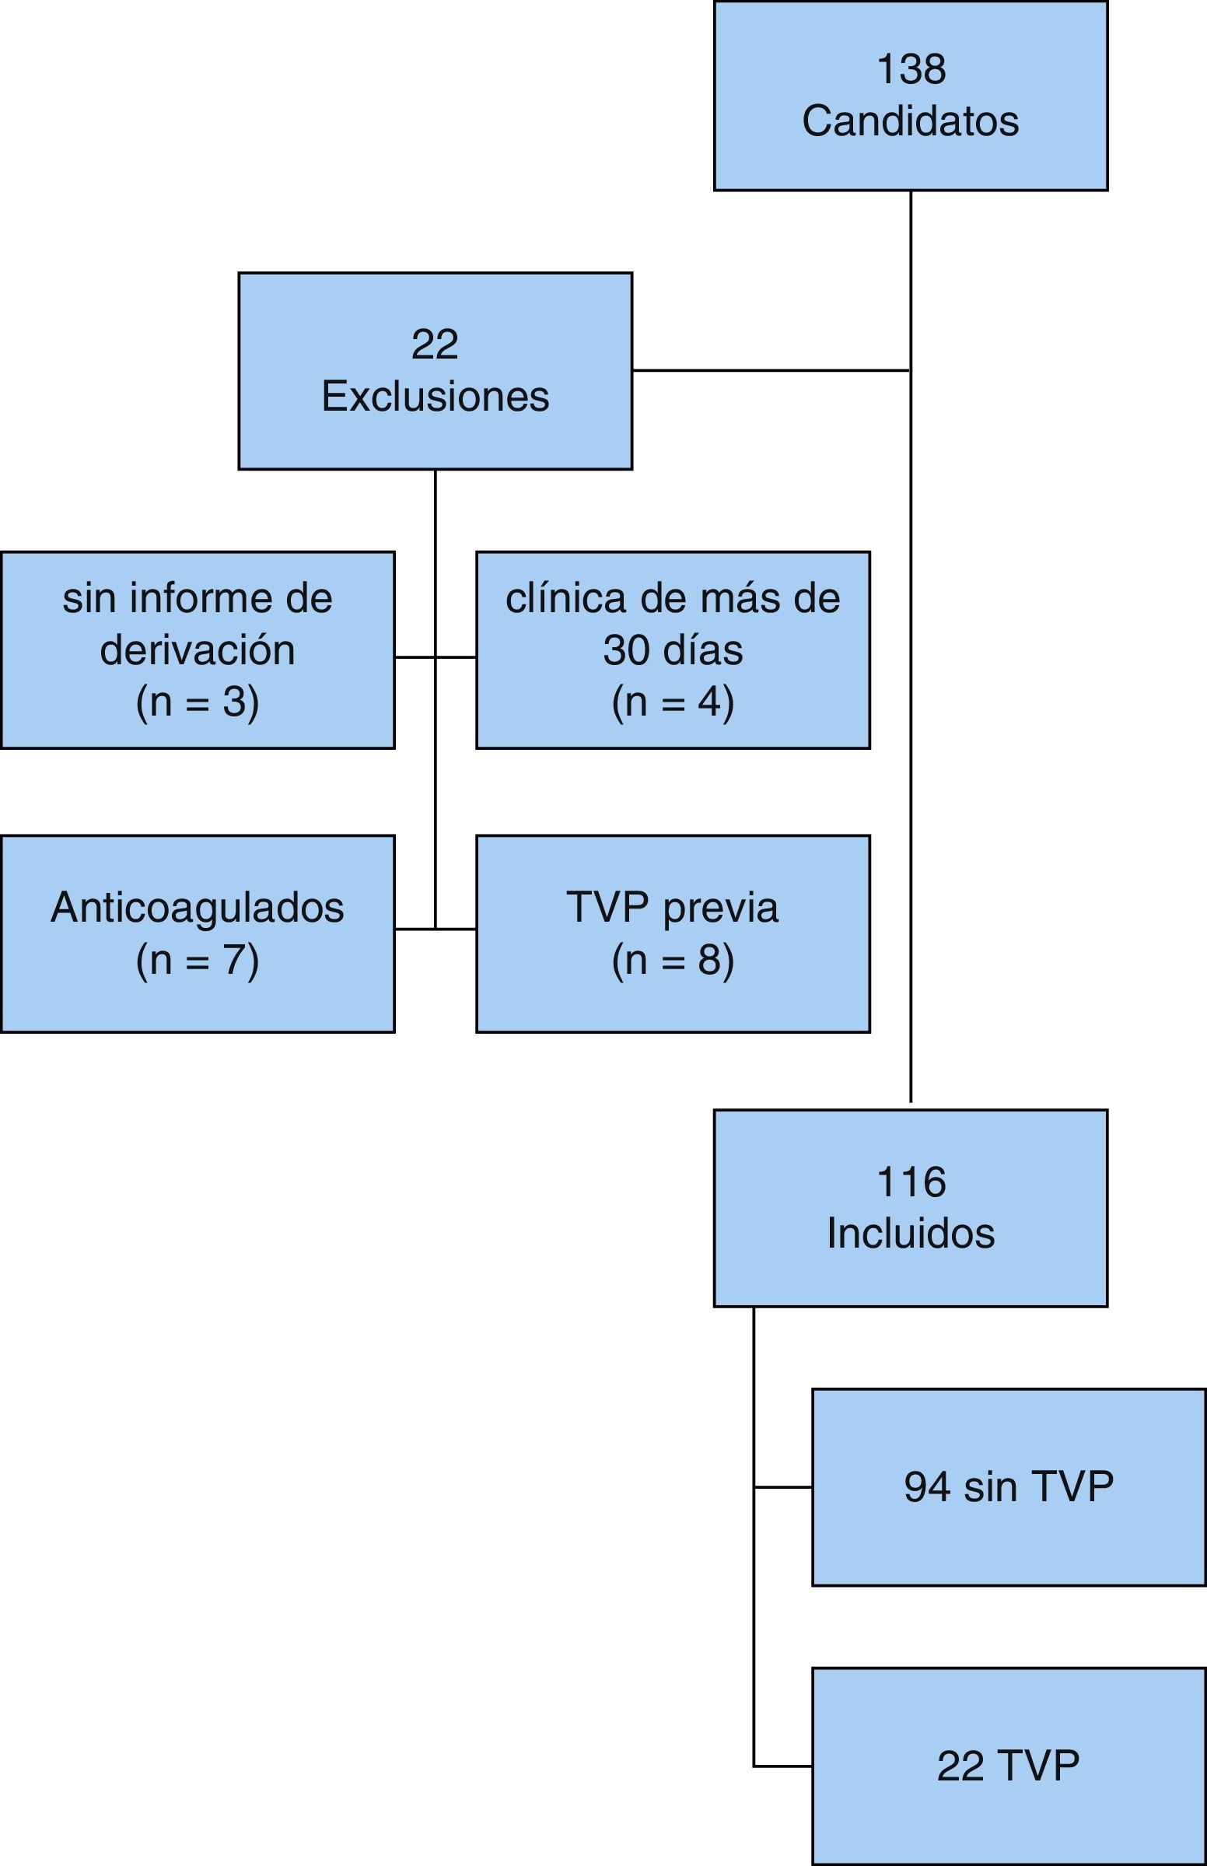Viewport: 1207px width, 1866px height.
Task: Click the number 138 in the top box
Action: tap(911, 69)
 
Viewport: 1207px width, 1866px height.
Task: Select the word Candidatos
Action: tap(911, 121)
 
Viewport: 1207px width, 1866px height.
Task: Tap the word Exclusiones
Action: tap(435, 397)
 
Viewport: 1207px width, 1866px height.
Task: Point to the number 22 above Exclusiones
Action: tap(435, 344)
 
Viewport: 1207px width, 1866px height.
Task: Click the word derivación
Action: tap(198, 649)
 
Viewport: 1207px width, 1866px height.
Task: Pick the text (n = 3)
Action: tap(198, 702)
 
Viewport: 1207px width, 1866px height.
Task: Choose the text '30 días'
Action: tap(673, 649)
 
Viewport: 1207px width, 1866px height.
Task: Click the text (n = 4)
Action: tap(673, 702)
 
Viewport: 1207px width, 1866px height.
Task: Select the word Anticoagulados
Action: tap(198, 908)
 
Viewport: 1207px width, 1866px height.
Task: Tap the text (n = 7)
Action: tap(198, 960)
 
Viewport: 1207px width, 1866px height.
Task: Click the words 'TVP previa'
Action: tap(673, 908)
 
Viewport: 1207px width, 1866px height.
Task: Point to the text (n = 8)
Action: tap(673, 960)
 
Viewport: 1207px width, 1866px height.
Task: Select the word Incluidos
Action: tap(911, 1234)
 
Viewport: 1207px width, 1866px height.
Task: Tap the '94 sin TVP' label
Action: tap(1008, 1486)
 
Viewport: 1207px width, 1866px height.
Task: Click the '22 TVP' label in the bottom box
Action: tap(1008, 1766)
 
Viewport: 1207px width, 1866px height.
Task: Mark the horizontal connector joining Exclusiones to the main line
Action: tap(771, 370)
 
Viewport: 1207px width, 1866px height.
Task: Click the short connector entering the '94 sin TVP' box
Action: tap(783, 1486)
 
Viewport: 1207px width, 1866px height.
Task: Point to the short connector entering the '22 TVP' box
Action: tap(783, 1766)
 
